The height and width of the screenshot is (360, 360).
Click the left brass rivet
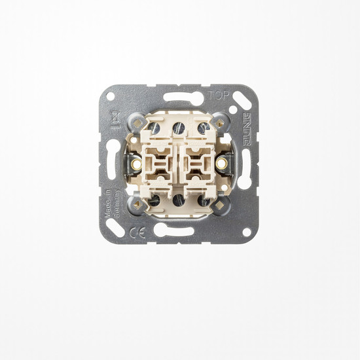pos(137,162)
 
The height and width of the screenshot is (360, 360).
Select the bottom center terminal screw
pos(180,198)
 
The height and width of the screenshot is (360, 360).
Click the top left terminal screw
pos(154,128)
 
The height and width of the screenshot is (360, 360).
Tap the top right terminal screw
pos(205,128)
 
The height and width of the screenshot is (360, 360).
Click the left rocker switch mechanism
pos(160,162)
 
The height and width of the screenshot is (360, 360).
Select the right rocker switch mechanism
pos(200,162)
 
